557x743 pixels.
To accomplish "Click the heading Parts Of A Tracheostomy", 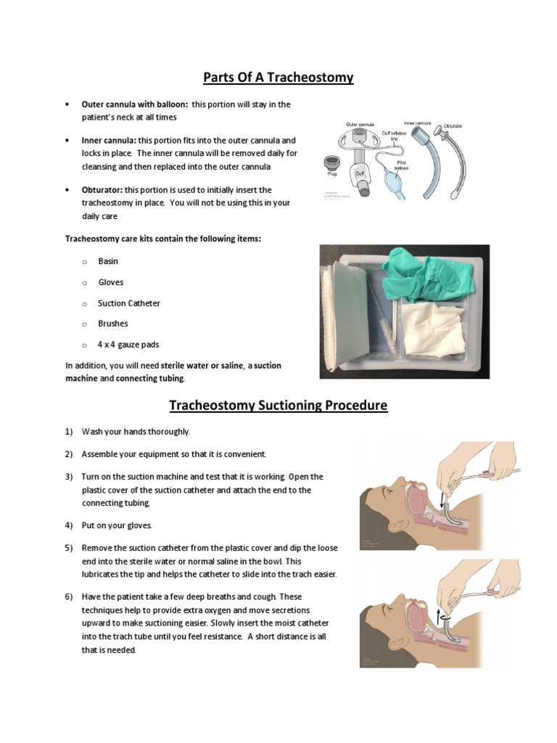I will pyautogui.click(x=278, y=77).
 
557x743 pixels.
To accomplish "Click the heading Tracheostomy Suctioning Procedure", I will pyautogui.click(x=278, y=405).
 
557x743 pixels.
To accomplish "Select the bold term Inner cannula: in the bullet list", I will pyautogui.click(x=109, y=140).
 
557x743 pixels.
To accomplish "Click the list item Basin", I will pyautogui.click(x=108, y=261).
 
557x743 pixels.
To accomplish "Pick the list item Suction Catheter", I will pyautogui.click(x=129, y=303).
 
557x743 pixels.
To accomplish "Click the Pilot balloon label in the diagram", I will pyautogui.click(x=401, y=164).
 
